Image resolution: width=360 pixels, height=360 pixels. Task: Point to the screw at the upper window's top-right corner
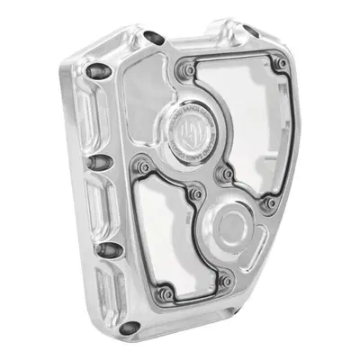click(282, 64)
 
